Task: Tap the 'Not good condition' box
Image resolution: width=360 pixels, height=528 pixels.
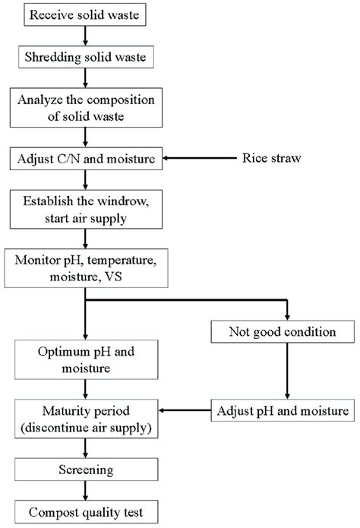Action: point(286,332)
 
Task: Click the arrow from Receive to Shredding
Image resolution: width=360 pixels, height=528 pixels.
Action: point(86,35)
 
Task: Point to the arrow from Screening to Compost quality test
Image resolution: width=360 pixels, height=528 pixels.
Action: point(86,492)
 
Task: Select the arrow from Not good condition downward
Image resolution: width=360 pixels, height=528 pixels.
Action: point(286,372)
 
